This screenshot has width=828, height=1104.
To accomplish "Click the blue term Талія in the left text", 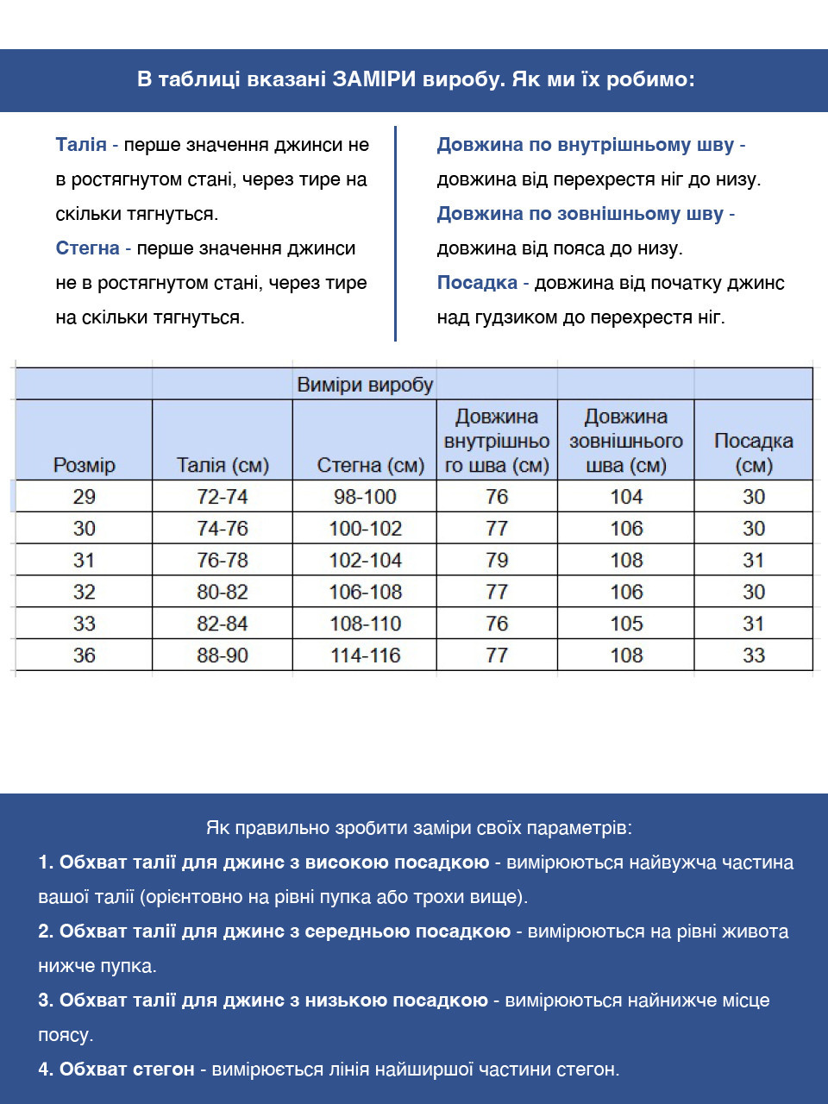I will pos(81,145).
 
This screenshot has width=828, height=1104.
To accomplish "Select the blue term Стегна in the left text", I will pos(87,248).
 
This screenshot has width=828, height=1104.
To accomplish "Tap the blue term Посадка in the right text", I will pos(477,283).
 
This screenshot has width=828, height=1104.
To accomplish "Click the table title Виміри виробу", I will pos(365,385).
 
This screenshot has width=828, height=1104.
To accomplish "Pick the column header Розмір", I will pos(84,466).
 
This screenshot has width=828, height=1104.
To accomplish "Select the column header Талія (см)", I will pos(223,466).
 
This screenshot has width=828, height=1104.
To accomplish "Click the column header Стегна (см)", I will pos(371,466).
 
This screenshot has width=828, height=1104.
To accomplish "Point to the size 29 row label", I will pos(84,497).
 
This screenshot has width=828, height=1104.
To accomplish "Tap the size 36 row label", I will pos(84,655).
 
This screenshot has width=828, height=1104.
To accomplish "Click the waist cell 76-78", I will pos(223,561).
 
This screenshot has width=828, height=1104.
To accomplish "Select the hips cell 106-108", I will pos(366,593).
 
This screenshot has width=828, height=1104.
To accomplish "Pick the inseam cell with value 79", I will pos(497,561).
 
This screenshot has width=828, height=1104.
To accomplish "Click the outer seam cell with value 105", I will pos(626,624).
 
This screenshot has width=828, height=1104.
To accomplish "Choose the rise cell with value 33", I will pos(754,655).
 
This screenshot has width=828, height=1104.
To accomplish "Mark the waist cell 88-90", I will pos(223,655).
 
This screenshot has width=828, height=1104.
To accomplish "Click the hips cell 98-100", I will pos(366,497).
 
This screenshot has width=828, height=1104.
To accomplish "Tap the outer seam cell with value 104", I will pos(626,497).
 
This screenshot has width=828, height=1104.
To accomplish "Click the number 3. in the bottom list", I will pos(46,1000).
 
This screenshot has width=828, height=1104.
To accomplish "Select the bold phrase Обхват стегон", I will pos(127,1069).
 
